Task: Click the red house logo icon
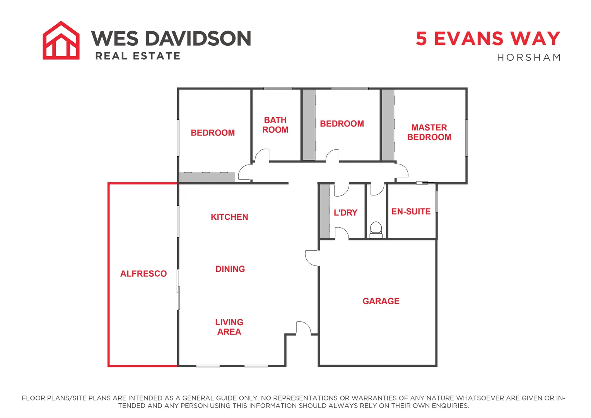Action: click(x=61, y=41)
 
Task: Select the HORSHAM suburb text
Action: click(x=529, y=58)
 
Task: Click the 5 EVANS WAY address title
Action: click(x=488, y=39)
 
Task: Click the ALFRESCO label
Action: click(x=143, y=274)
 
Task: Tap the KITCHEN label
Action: click(x=229, y=217)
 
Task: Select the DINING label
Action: click(x=230, y=269)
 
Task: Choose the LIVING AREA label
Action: click(x=229, y=327)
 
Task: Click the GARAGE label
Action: click(x=381, y=301)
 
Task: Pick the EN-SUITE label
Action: click(x=411, y=212)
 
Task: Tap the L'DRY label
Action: click(x=345, y=212)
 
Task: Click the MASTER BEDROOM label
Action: click(x=429, y=132)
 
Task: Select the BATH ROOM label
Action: click(x=275, y=125)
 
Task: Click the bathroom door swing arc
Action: click(x=261, y=154)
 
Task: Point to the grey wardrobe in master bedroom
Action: click(x=388, y=125)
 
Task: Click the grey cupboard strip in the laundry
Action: click(x=325, y=211)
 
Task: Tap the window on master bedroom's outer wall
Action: click(x=466, y=137)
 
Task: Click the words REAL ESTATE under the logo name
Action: click(x=138, y=57)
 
